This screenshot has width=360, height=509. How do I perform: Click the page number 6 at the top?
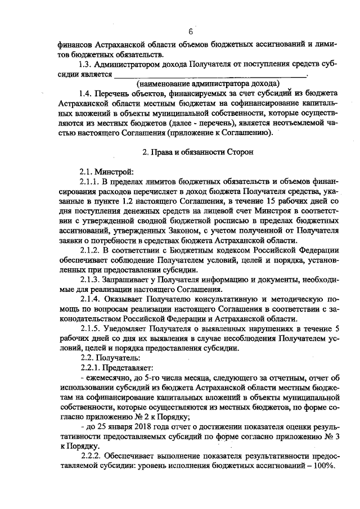tap(191, 31)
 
